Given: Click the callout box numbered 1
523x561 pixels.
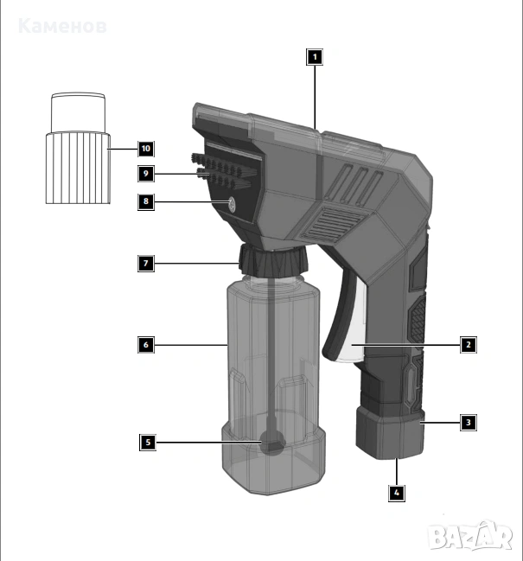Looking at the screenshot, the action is coord(315,57).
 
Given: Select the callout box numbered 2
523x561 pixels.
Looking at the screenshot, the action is coord(469,345).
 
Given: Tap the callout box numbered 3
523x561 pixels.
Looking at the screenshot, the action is coord(469,423).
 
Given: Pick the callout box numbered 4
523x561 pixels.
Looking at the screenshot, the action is coord(397,493).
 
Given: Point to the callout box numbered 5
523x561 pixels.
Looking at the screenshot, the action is coord(148,443).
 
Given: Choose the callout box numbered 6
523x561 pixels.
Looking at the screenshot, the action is coord(146,345).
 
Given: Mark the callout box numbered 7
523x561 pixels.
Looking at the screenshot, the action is coord(146,264).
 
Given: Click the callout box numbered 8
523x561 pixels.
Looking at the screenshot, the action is coord(146,201).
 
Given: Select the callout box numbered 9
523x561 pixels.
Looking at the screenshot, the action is coord(146,174).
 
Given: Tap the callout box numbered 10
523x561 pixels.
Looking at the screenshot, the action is coord(146,149).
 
